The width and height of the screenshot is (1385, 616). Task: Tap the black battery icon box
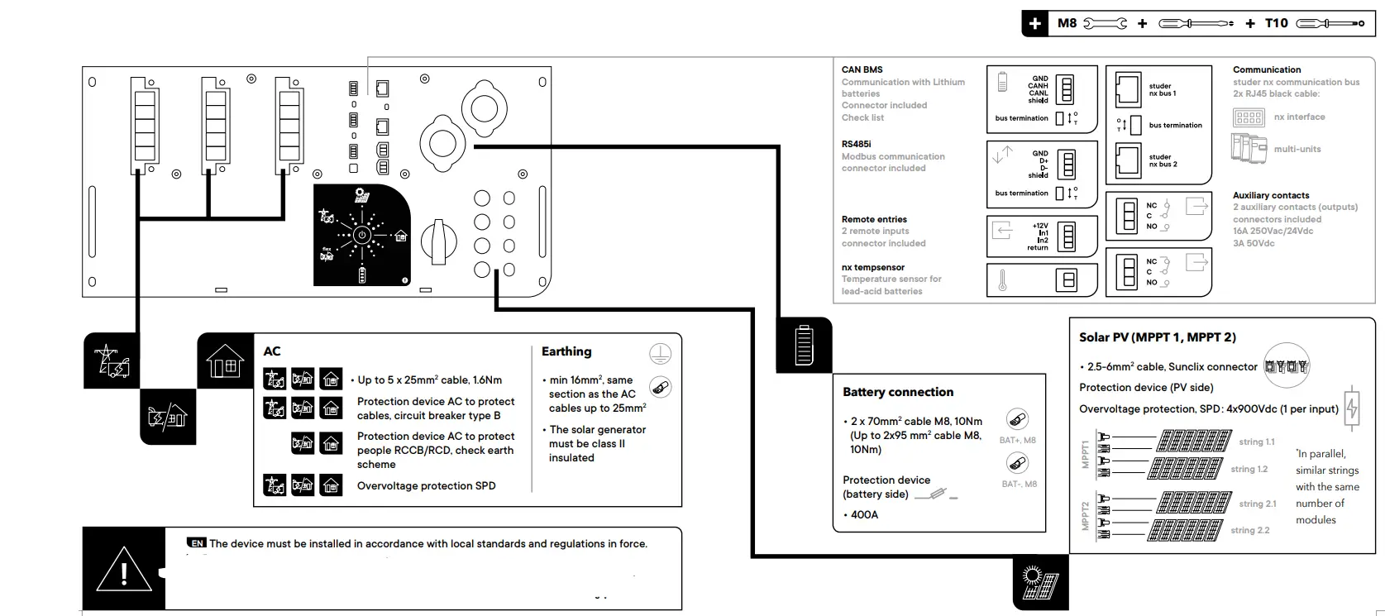[x=804, y=345]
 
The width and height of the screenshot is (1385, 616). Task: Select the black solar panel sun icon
[x=1040, y=582]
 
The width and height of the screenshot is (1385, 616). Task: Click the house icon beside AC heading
[x=225, y=361]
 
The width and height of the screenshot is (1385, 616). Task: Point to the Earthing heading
[x=566, y=351]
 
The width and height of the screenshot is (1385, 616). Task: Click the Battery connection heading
[x=898, y=392]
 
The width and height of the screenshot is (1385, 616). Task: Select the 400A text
[x=864, y=514]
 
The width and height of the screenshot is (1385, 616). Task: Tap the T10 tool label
[x=1276, y=23]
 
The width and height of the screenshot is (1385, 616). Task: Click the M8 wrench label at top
[x=1067, y=23]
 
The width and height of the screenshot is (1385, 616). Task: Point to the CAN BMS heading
[x=862, y=69]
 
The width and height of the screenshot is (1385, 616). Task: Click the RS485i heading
[x=857, y=144]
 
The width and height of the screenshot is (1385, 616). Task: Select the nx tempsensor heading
[x=872, y=267]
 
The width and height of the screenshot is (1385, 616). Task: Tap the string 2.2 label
[x=1249, y=530]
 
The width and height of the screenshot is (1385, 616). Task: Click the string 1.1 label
[x=1256, y=442]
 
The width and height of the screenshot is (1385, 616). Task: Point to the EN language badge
[x=197, y=543]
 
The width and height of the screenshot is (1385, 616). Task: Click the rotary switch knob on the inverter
[x=438, y=241]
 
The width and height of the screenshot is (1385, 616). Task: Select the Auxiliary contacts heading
[x=1270, y=195]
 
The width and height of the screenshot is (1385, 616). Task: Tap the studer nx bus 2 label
[x=1163, y=160]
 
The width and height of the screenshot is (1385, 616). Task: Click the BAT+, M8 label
[x=1017, y=440]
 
